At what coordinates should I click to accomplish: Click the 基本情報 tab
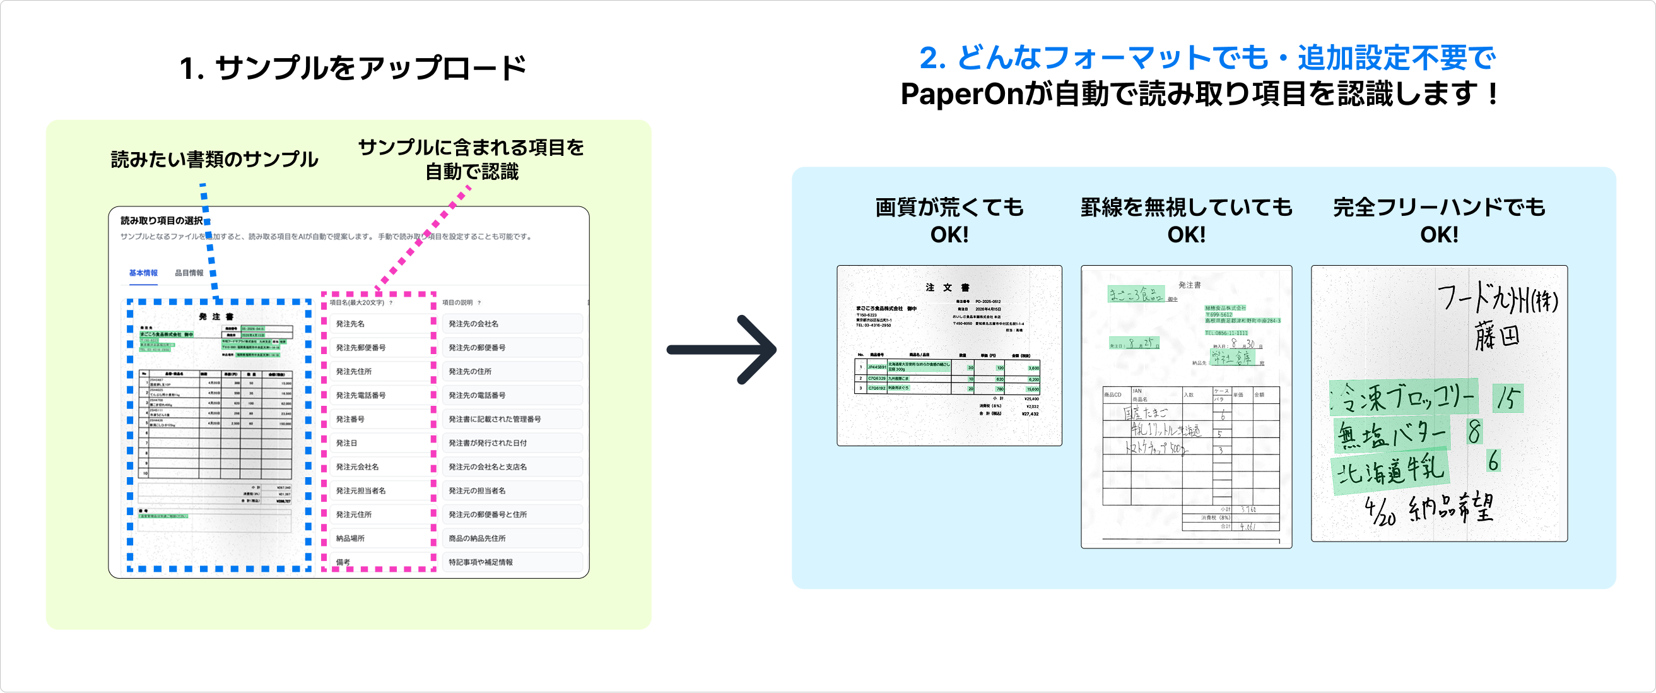tap(143, 273)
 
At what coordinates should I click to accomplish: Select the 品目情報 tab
tap(189, 273)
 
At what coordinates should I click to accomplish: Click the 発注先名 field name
tap(350, 324)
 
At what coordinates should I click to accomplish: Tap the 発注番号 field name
tap(350, 419)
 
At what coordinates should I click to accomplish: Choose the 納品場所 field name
tap(350, 538)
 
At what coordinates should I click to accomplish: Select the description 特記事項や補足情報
tap(480, 562)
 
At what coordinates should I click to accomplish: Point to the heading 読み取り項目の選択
tap(161, 220)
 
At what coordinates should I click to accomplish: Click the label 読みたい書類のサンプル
tap(214, 160)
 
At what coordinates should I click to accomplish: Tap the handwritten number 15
tap(1508, 398)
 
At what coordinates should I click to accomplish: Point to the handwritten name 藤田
tap(1497, 337)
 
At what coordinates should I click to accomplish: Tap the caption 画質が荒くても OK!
tap(949, 220)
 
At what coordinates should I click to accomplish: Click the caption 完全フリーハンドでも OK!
tap(1439, 220)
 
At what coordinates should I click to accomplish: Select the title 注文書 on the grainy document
tap(948, 287)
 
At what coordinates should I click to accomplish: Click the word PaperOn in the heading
tap(961, 94)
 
